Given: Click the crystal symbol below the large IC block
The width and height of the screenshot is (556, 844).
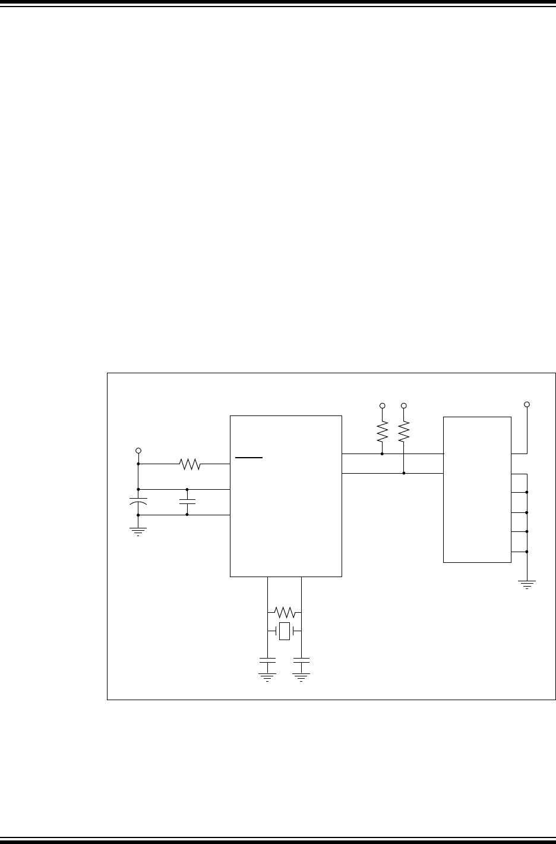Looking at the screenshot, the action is [285, 631].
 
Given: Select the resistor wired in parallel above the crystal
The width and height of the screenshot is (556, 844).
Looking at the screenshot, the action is [285, 612].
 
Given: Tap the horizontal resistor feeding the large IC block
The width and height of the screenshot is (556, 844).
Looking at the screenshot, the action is [189, 464].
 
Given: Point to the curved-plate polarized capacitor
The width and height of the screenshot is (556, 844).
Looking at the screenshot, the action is [138, 502].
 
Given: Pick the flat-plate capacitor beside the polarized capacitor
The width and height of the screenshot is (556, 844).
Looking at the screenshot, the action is [187, 502].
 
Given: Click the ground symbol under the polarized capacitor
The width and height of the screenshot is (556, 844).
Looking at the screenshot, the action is [138, 531].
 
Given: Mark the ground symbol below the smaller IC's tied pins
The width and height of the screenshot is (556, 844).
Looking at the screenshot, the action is [527, 584].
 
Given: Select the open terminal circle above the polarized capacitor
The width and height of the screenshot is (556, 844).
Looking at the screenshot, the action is [138, 451].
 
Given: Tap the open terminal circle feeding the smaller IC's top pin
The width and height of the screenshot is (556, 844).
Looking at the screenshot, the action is [527, 405].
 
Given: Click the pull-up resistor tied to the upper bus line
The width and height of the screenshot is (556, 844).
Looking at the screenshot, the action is [381, 432].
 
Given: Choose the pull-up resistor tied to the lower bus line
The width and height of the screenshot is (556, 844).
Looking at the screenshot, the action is [404, 432].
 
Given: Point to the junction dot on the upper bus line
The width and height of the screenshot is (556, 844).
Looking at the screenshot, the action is [381, 454].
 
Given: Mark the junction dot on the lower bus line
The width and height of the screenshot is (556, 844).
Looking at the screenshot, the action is [404, 473].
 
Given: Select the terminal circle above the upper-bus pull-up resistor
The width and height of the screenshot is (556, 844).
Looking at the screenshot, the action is [382, 406].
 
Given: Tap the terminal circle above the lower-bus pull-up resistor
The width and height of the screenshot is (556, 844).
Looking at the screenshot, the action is [404, 406].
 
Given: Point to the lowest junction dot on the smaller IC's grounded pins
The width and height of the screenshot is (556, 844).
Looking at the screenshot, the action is [527, 552].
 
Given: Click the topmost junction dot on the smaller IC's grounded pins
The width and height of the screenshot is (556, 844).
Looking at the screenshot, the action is [527, 492].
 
